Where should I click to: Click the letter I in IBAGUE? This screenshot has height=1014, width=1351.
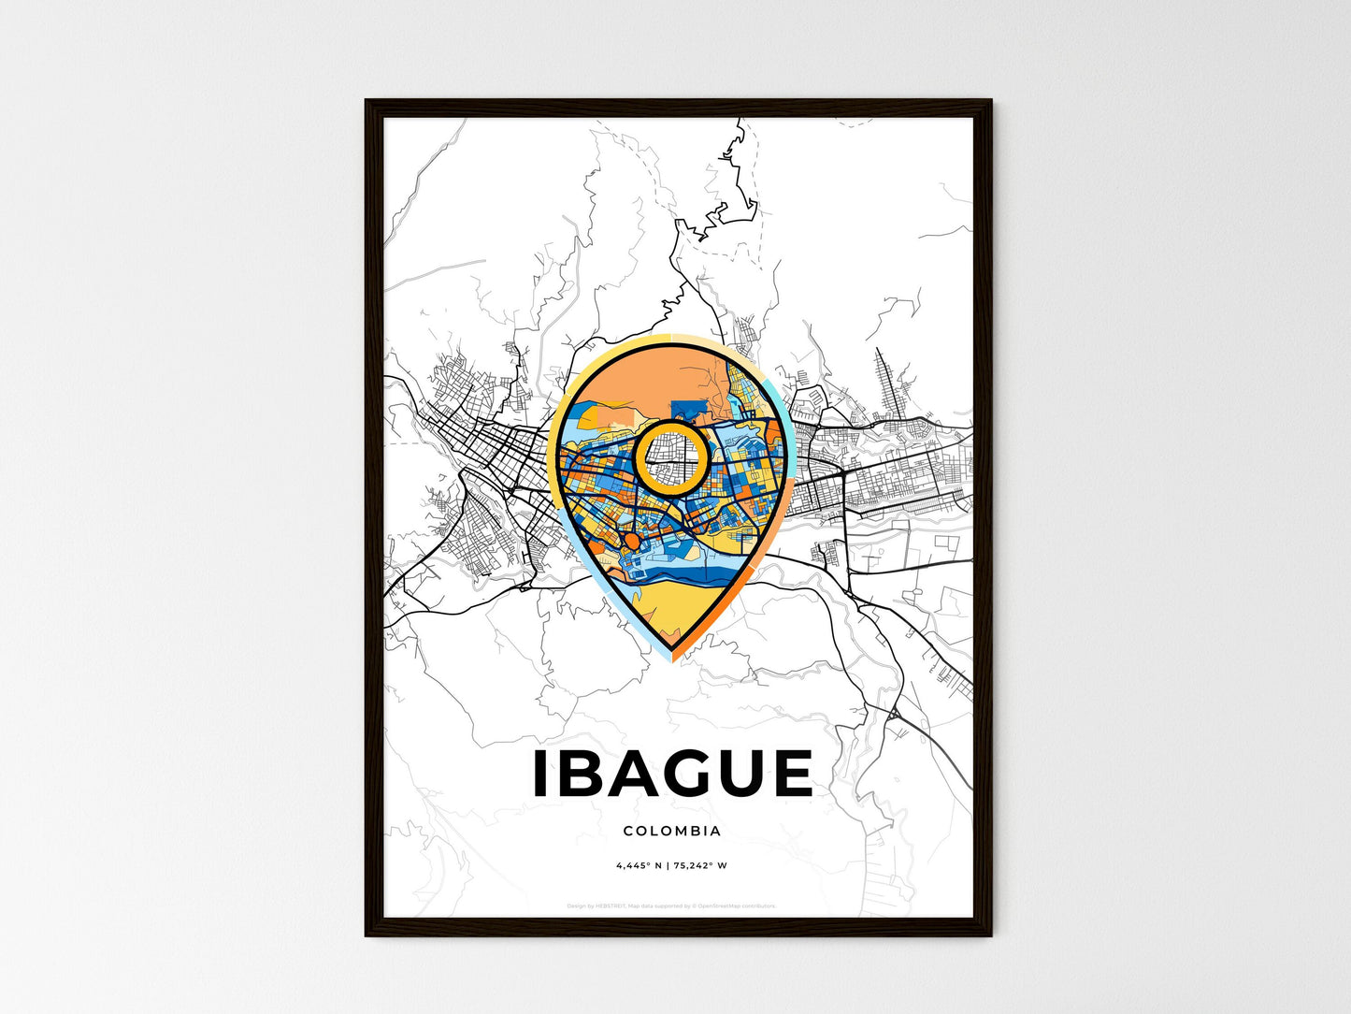539,774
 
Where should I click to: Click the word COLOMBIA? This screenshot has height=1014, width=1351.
671,831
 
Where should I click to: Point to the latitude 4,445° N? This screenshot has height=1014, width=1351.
639,865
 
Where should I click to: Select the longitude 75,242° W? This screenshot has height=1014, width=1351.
702,865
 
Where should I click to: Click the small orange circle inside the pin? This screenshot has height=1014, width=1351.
631,542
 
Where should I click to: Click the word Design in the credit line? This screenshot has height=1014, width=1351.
576,905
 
